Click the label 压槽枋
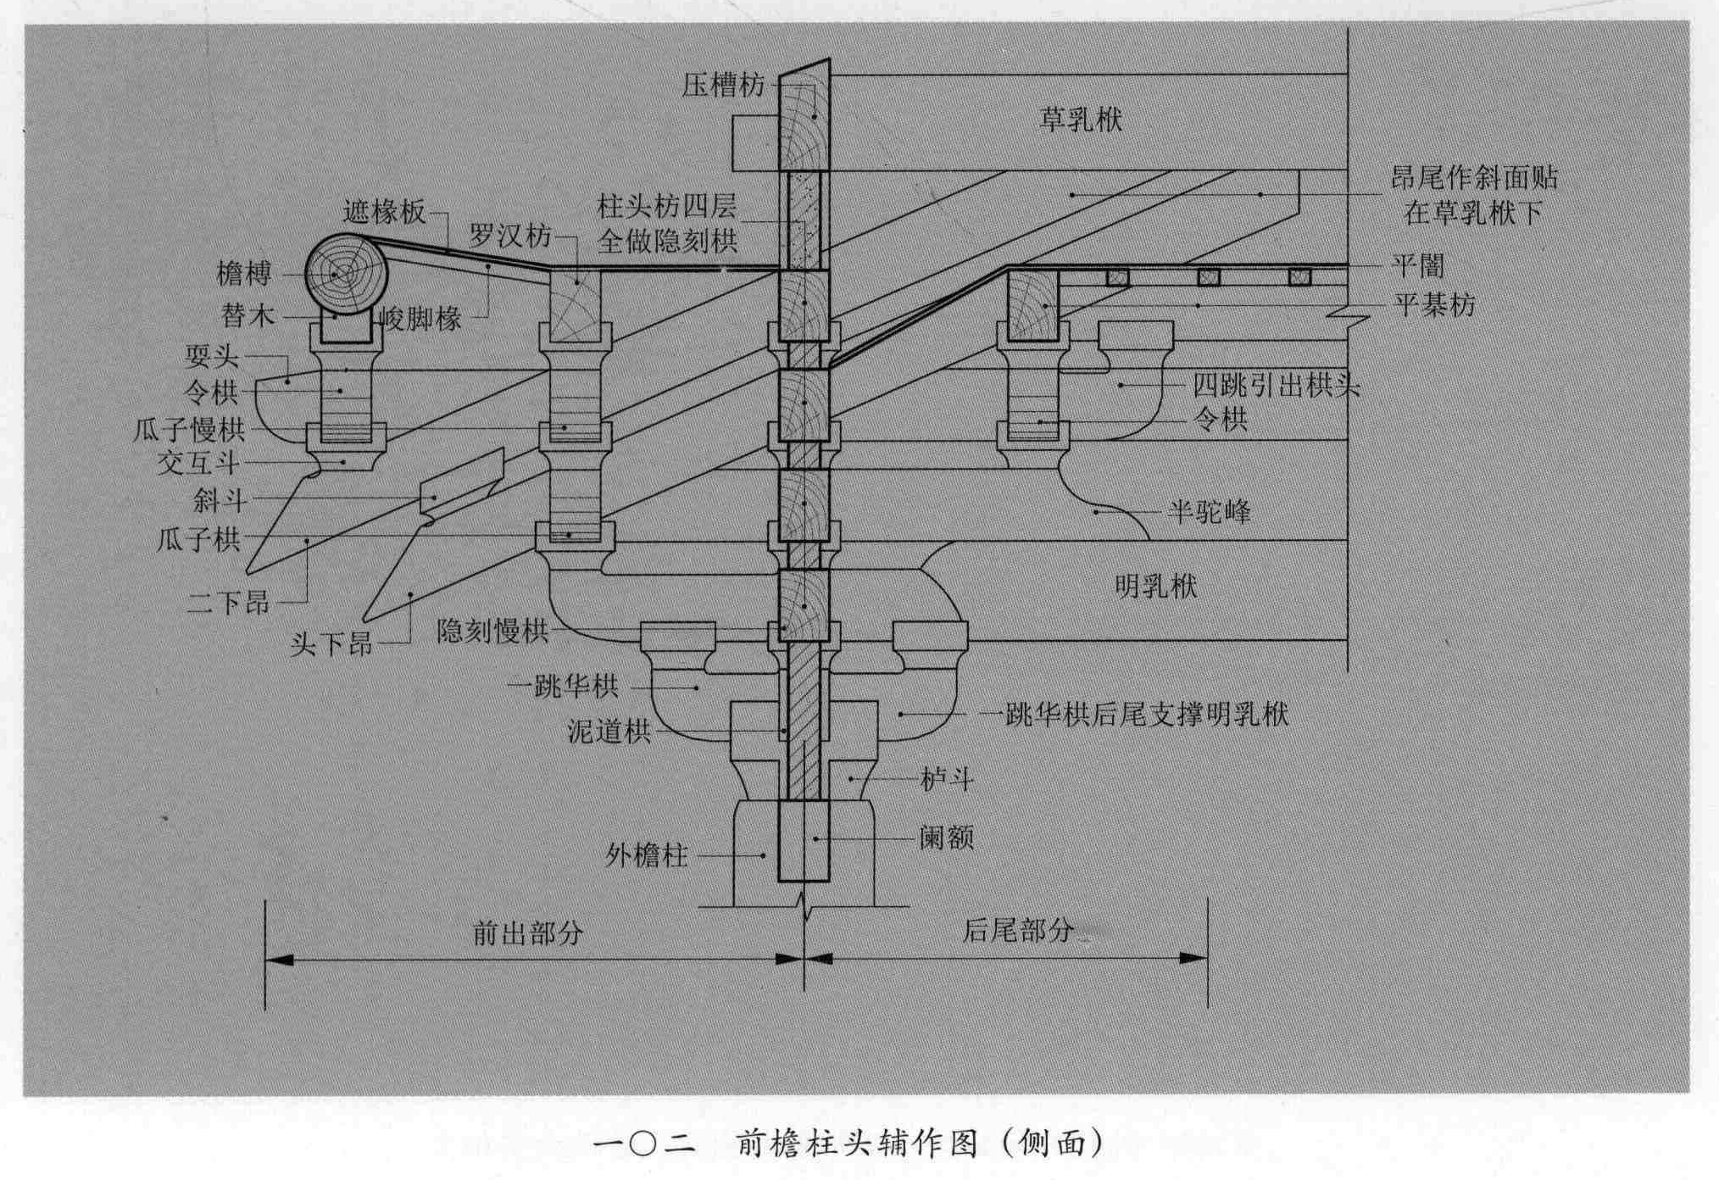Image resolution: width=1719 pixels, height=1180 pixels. point(722,86)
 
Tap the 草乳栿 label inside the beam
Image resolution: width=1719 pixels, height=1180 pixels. point(1081,120)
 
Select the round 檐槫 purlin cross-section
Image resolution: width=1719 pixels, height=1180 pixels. point(346,274)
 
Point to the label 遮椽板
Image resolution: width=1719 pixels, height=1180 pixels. point(384,211)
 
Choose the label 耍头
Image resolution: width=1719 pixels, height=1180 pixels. point(212,356)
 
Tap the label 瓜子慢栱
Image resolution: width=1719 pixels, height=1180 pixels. point(189,431)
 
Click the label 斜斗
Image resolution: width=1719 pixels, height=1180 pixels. point(220,501)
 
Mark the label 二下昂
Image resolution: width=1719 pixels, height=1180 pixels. point(228,603)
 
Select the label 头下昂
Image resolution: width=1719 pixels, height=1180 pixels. point(331,644)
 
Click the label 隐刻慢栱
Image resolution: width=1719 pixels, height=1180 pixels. point(492,632)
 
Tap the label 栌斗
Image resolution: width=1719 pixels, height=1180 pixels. point(947,779)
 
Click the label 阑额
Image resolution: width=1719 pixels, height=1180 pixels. point(946,838)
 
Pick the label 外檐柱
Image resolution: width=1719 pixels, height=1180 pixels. point(646,855)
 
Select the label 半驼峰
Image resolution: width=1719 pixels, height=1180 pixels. point(1209,512)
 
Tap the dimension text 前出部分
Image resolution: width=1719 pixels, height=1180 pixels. point(527,933)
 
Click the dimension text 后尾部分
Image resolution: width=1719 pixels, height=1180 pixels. point(1017,931)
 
